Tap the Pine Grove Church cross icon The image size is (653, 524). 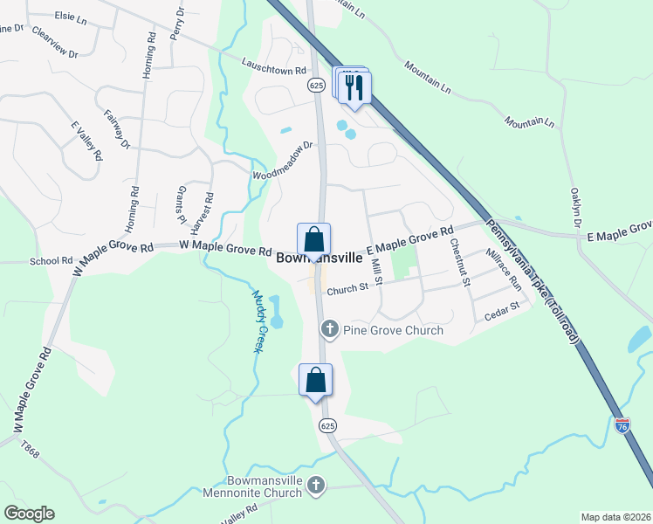[329, 329]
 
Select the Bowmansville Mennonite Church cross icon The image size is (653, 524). [317, 484]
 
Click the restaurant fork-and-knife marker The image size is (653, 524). [354, 86]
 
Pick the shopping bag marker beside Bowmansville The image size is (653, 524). [314, 239]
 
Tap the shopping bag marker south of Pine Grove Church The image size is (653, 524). [316, 380]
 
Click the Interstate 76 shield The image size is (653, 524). [622, 425]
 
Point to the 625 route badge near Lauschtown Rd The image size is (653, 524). [316, 85]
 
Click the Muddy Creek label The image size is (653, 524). [258, 321]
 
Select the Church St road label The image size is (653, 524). [348, 288]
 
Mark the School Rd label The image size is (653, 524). [52, 260]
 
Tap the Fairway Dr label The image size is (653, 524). [116, 128]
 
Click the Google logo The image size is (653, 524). [29, 514]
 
